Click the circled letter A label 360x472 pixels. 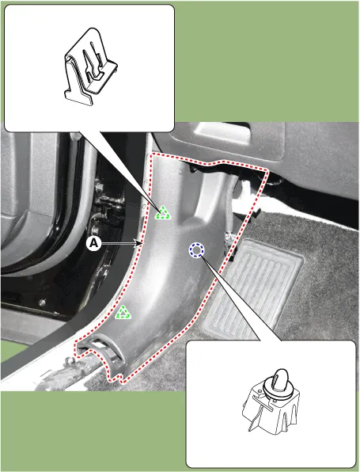pos(94,244)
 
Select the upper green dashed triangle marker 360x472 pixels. pos(163,213)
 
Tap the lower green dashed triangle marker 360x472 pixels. pos(123,312)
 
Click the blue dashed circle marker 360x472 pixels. pos(196,250)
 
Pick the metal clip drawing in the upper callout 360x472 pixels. pos(89,67)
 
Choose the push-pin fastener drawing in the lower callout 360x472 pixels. pos(271,402)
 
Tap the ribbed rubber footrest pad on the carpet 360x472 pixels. pos(255,290)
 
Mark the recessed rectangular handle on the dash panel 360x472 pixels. pos(222,131)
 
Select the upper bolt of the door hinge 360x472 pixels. pos(97,188)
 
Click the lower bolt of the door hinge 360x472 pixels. pos(95,230)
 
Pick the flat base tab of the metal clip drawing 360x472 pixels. pos(79,98)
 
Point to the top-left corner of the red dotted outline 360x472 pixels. pos(152,154)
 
